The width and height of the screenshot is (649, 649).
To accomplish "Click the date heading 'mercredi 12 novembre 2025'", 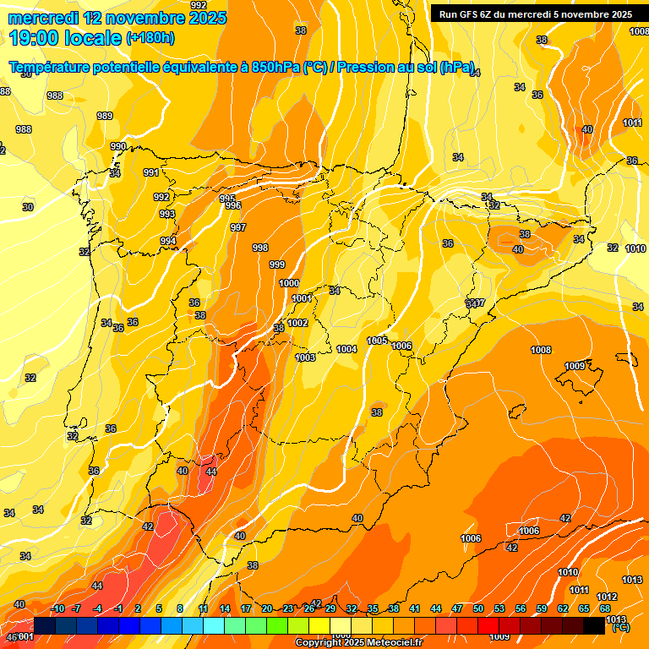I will (x=117, y=18).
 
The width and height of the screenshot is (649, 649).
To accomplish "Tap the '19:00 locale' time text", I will (x=65, y=37).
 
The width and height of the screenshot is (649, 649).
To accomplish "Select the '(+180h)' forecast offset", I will (x=150, y=38).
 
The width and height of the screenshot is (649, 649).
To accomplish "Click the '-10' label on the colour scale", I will (x=57, y=608).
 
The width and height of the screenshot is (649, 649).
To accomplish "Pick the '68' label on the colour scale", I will (x=605, y=608).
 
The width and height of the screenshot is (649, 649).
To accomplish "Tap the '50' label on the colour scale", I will (x=478, y=608).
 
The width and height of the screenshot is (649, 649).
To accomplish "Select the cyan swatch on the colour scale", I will (x=214, y=626).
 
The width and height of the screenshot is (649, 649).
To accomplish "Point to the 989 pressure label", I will (x=105, y=116).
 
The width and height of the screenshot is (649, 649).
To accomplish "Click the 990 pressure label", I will (x=118, y=146).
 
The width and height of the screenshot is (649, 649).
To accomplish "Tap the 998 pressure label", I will (x=260, y=248).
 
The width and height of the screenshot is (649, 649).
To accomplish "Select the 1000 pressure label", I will (x=289, y=283).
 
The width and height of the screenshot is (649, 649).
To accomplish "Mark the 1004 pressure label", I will (x=346, y=349).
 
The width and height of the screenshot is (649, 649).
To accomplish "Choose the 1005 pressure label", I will (x=377, y=341).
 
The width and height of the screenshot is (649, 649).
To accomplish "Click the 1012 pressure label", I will (x=607, y=597).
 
